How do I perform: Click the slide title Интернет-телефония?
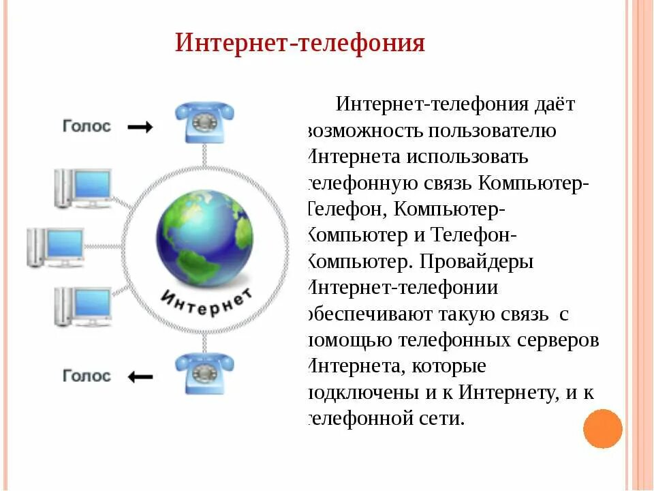(300, 43)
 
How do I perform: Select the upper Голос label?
(87, 127)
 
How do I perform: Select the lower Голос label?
(87, 376)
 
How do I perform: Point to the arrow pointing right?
(140, 128)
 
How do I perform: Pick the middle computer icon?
(56, 247)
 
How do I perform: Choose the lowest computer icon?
(83, 307)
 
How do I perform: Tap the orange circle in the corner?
(603, 428)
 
